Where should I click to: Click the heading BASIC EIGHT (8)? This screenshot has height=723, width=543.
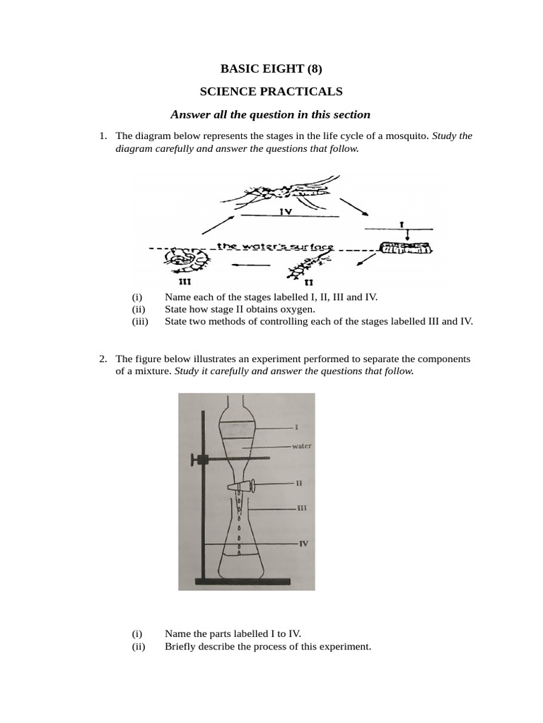[271, 68]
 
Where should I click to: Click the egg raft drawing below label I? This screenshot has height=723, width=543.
[405, 248]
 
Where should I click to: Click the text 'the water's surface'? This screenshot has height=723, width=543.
[275, 246]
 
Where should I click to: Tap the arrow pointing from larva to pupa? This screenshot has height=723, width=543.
[251, 265]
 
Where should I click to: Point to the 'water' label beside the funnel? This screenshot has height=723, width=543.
[302, 446]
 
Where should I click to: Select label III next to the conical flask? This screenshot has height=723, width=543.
[301, 508]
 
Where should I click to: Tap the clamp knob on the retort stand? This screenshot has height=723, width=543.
[195, 460]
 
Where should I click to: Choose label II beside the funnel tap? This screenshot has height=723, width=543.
[300, 484]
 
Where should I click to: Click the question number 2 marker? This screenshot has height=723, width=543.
[103, 359]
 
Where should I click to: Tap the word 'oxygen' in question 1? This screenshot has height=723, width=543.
[298, 309]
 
